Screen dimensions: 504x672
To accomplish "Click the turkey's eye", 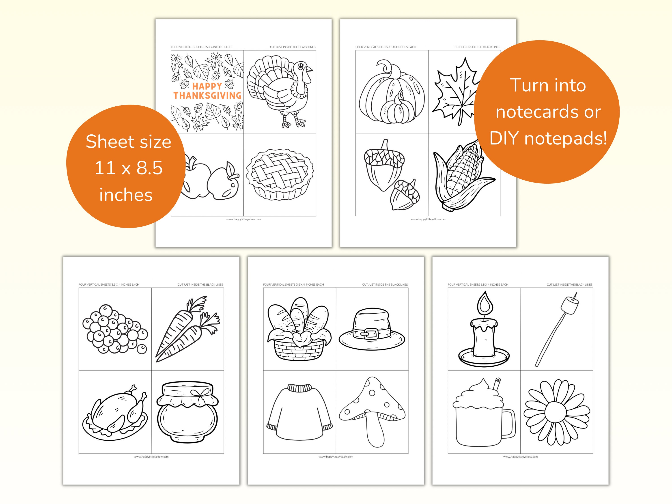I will pos(300,66).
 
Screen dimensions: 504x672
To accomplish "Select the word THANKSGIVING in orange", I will pos(207,96).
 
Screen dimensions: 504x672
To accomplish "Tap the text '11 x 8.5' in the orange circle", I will pos(129,168).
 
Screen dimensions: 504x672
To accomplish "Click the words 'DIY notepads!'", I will pos(548,138).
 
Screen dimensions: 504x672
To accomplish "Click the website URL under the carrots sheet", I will pos(151,457).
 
